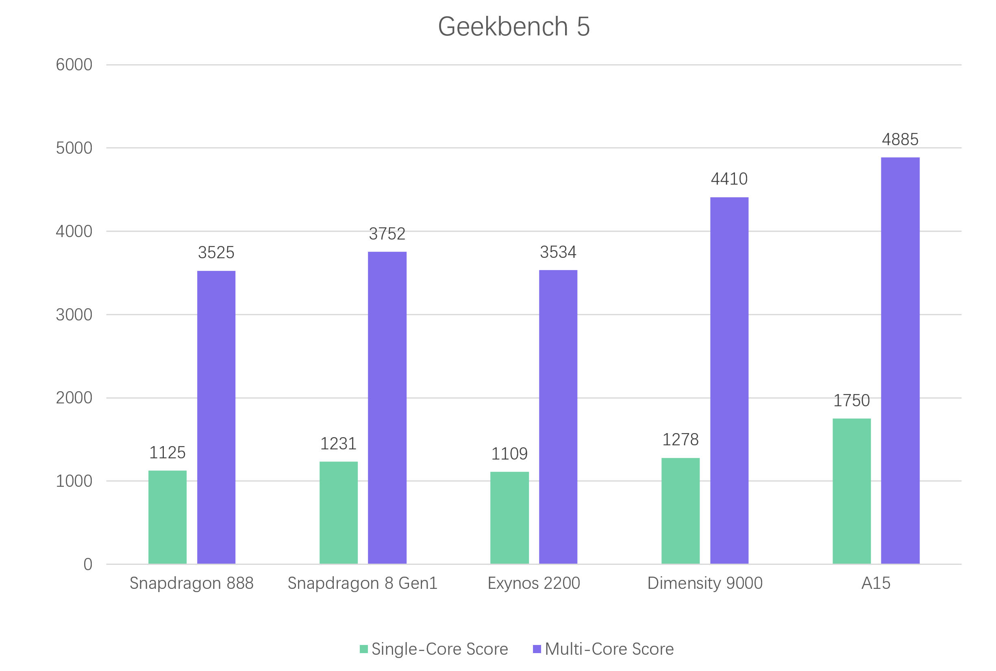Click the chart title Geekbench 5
click(513, 26)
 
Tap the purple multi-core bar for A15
click(900, 360)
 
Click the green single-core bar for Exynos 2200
click(509, 517)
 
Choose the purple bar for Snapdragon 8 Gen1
click(387, 407)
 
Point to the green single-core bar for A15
click(851, 491)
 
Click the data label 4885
click(900, 139)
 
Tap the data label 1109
click(509, 453)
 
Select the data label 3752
click(387, 234)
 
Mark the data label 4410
click(729, 179)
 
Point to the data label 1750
click(851, 401)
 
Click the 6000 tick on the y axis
click(74, 65)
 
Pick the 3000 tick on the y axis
click(74, 315)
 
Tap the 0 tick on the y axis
click(88, 564)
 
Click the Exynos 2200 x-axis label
click(533, 583)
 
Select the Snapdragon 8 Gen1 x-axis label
click(362, 583)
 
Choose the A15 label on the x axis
click(876, 583)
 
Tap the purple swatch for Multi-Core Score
click(537, 649)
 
